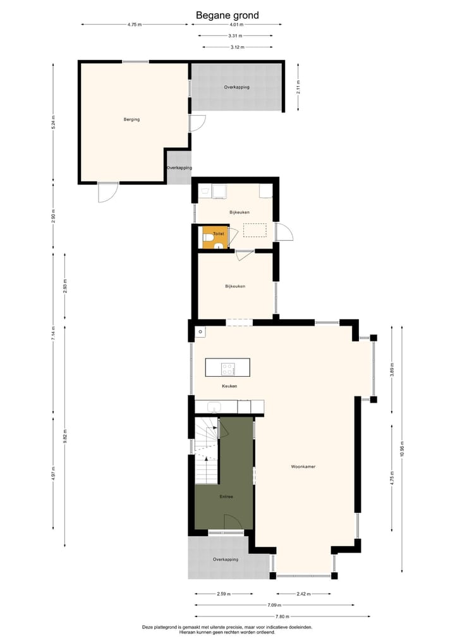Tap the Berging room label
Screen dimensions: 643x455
131,119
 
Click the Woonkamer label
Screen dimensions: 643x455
303,467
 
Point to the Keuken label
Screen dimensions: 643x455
229,386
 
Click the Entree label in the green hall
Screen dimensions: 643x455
226,496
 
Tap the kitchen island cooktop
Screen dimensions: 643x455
227,367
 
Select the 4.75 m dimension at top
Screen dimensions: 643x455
134,25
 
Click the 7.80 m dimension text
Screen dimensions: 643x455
282,616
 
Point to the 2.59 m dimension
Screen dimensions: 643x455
223,594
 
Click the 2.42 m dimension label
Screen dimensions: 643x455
303,594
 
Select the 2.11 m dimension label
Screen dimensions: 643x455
298,87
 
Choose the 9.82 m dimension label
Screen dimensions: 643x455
65,436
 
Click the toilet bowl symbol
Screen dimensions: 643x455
208,238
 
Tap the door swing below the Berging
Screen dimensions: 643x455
107,192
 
